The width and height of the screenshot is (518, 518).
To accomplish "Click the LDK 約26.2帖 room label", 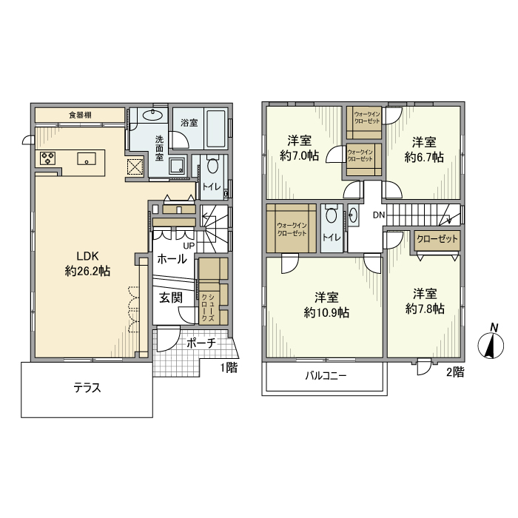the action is click(87, 263).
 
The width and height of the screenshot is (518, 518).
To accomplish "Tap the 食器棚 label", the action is click(80, 115).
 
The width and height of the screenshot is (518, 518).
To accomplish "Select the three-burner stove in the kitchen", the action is click(47, 158).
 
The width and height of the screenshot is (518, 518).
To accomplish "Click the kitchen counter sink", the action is click(87, 158).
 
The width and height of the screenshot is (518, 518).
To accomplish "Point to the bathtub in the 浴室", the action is click(216, 129).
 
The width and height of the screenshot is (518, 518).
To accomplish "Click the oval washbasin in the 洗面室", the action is click(152, 115).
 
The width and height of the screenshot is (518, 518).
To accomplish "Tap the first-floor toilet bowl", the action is click(212, 166).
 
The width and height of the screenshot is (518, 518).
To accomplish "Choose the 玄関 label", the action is click(171, 297).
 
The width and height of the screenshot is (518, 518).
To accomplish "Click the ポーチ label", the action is click(201, 343).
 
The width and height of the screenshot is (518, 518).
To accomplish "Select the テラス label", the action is click(87, 388).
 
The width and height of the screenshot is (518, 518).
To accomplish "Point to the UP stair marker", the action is click(189, 246).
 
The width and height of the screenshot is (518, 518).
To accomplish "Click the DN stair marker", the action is click(379, 215).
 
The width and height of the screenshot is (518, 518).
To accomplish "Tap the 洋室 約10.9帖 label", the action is click(326, 305).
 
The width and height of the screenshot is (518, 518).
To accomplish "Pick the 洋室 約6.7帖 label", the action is click(424, 149).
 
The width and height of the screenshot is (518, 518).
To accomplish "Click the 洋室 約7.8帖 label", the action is click(425, 301).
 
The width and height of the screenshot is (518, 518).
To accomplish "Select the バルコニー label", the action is click(326, 376).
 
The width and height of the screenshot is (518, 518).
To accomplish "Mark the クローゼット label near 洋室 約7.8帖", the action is click(437, 238).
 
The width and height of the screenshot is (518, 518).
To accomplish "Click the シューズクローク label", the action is click(207, 308).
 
